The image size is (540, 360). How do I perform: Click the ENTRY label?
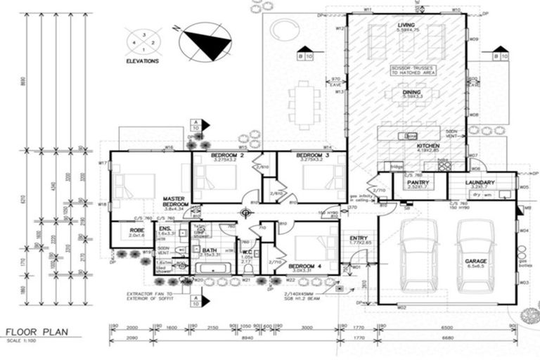(x=359, y=239)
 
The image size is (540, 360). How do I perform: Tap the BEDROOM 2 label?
(x=227, y=155)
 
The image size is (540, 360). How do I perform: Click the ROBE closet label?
(x=137, y=230)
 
